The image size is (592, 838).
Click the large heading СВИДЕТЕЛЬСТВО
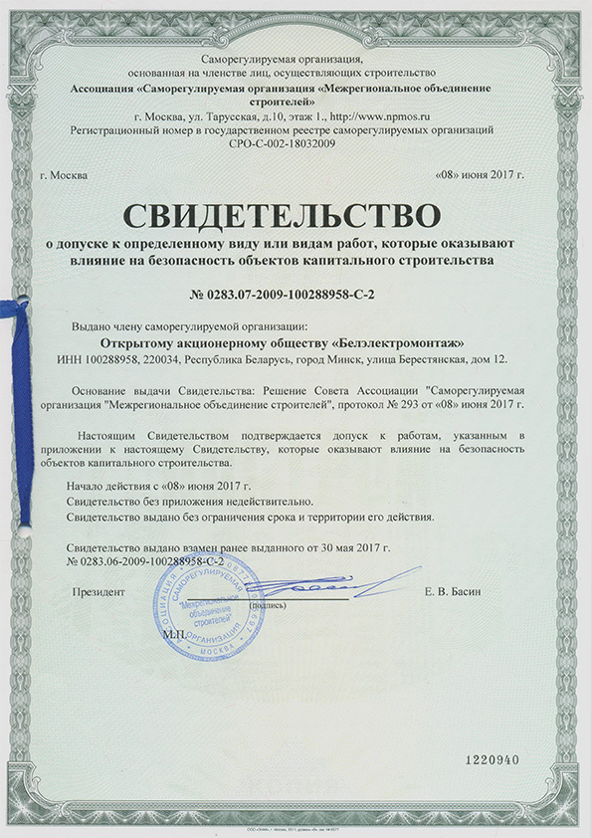pos(295,215)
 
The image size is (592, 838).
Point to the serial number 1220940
pos(493,759)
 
